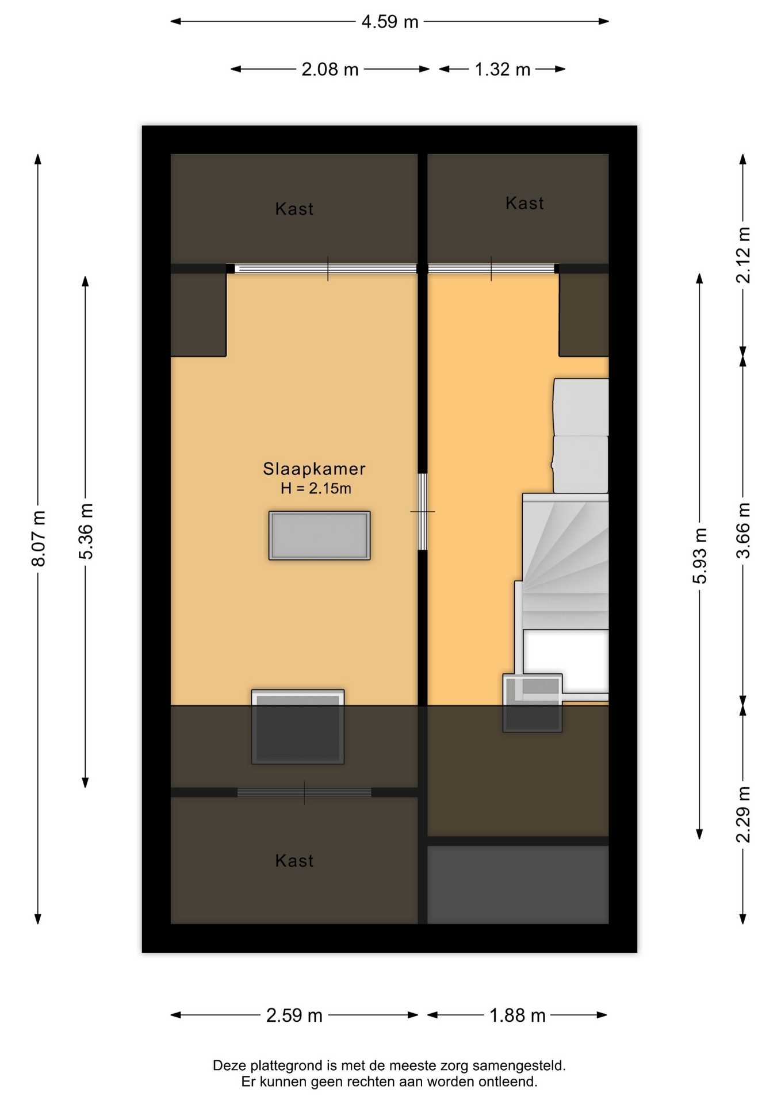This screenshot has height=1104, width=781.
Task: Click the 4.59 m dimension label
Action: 389,22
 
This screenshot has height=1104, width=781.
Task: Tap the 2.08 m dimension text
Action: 330,70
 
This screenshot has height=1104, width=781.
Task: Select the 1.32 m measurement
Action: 502,70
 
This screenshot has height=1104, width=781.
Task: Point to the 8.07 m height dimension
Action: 39,538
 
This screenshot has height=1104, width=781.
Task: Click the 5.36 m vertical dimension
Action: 86,531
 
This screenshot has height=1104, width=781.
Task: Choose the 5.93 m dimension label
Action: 700,555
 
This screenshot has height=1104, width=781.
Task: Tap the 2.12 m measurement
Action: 744,255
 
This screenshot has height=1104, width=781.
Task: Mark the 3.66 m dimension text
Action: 744,530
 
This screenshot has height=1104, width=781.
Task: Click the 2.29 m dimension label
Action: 744,814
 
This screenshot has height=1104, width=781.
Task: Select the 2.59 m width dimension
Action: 294,1015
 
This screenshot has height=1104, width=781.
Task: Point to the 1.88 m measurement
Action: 517,1015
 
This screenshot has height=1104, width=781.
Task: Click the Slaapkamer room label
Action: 314,469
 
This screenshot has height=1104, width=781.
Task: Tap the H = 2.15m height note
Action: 316,489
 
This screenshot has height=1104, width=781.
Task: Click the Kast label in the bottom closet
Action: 294,861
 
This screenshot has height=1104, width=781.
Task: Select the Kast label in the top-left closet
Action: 294,209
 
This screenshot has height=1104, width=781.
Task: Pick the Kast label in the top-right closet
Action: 525,203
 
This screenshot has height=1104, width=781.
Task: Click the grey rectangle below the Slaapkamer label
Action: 319,535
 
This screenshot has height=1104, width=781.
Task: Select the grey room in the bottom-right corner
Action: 518,884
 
